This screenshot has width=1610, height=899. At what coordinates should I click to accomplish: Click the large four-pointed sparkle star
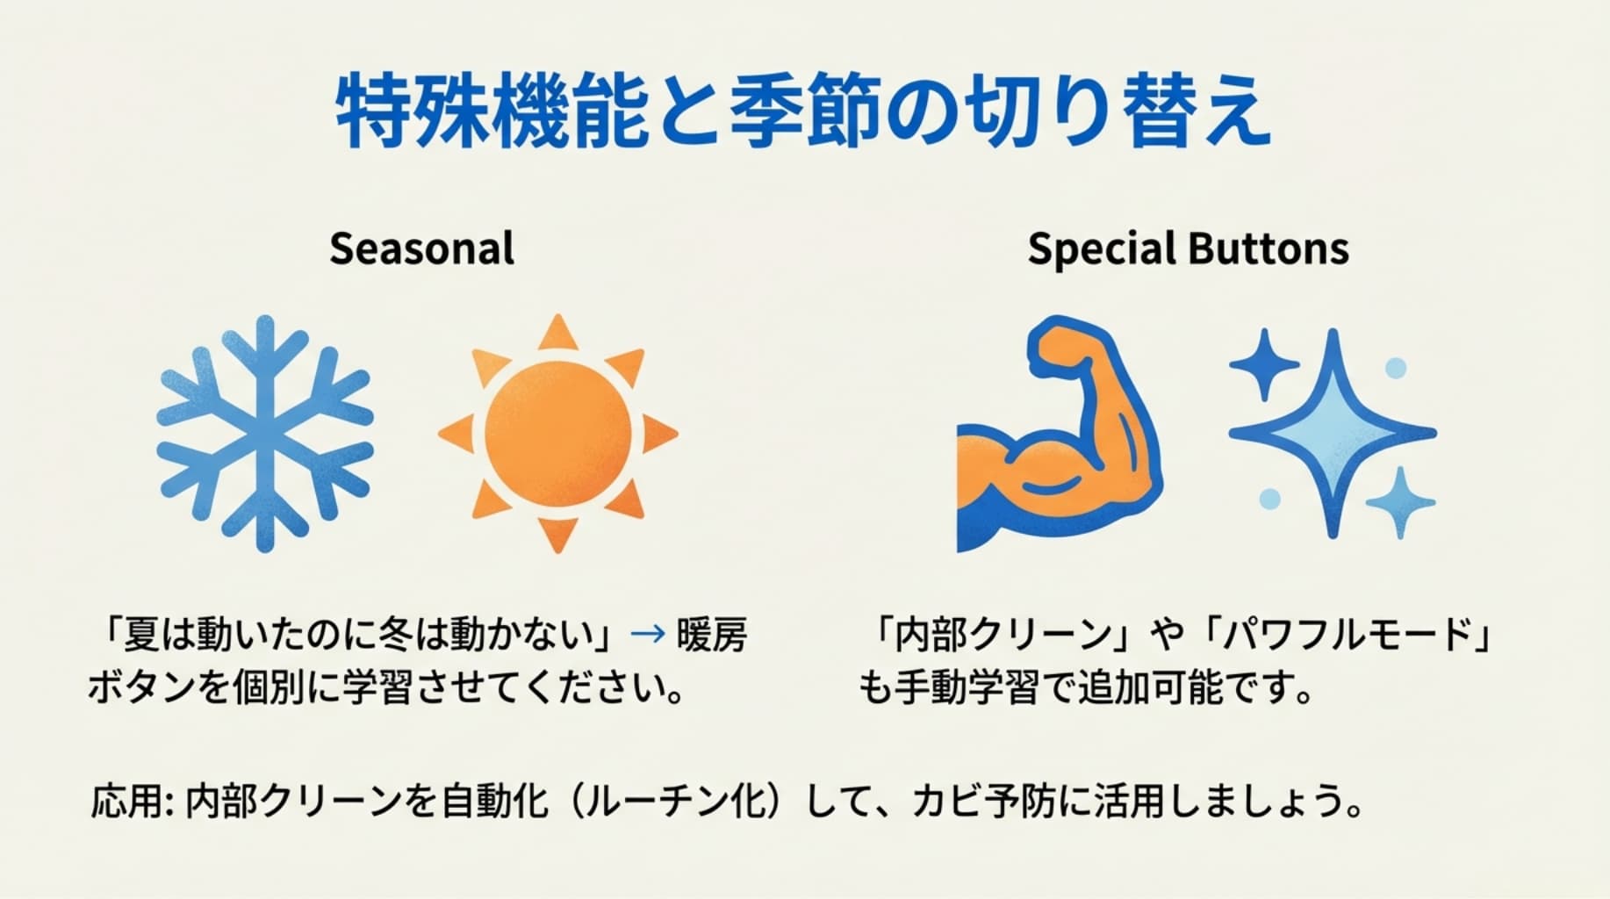(1333, 434)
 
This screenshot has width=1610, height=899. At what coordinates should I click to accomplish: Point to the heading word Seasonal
(421, 248)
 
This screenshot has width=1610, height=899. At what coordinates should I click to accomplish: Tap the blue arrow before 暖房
(648, 634)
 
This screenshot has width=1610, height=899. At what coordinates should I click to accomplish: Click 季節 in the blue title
(805, 112)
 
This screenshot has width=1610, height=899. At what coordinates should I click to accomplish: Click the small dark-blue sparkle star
(1264, 364)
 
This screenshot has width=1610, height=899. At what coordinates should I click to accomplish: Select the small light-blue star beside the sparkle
(1400, 502)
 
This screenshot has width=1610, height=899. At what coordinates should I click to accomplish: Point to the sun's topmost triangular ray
(557, 333)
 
